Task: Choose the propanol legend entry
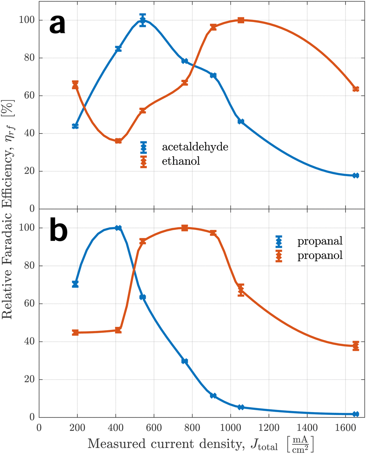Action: [x=319, y=256]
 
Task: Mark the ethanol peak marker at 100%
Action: [x=241, y=20]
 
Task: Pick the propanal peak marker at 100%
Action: [x=118, y=228]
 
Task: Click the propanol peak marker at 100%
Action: [x=184, y=228]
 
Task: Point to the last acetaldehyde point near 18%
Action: [x=356, y=175]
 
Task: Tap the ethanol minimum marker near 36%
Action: [x=118, y=141]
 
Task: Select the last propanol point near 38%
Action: [x=356, y=346]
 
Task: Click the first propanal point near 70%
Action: [x=75, y=284]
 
